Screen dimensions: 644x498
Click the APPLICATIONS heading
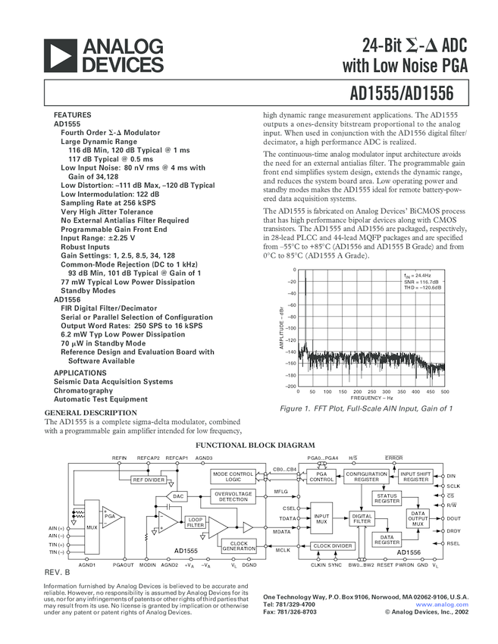click(x=80, y=373)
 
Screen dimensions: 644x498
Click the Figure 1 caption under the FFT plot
click(x=366, y=408)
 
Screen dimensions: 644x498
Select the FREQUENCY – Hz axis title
click(x=371, y=399)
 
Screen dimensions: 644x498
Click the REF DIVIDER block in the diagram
click(x=149, y=480)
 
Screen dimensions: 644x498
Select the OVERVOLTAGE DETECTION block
click(x=233, y=496)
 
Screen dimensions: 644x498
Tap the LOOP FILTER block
click(x=195, y=522)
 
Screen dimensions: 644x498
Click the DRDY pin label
click(x=453, y=531)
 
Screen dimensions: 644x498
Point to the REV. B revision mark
click(x=57, y=572)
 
